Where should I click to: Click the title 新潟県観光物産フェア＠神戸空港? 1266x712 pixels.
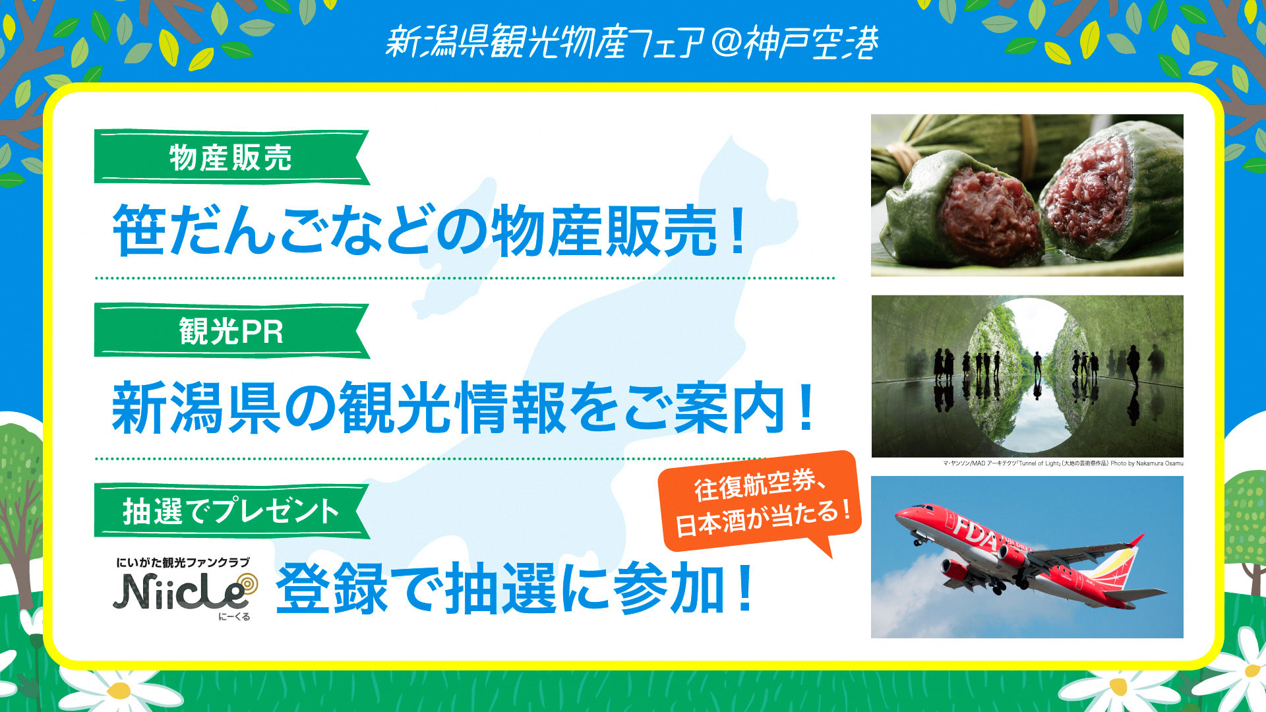[632, 42]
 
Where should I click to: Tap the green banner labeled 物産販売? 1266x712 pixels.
[231, 157]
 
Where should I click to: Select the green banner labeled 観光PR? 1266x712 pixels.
[231, 330]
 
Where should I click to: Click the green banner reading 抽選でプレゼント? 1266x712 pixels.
[231, 511]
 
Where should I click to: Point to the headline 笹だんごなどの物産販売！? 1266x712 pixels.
[429, 230]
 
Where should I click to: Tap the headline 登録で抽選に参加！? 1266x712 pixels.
[514, 588]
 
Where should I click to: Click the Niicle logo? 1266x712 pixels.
[184, 589]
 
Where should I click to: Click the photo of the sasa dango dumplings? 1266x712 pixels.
[1027, 195]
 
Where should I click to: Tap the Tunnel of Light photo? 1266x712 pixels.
[1027, 376]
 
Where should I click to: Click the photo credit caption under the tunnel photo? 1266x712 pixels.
[1063, 463]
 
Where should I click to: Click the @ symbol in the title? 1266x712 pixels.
[726, 44]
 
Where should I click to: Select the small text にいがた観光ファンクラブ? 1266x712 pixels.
[183, 562]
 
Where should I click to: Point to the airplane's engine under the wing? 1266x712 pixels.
[953, 568]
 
